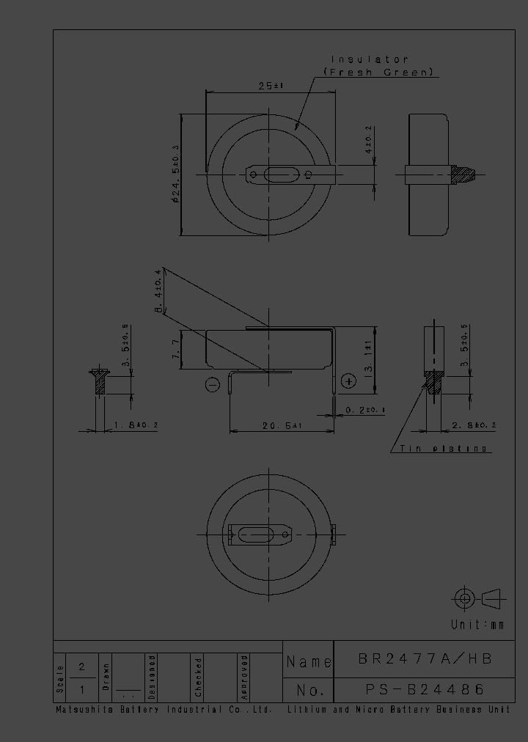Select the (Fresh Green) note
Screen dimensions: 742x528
(380, 72)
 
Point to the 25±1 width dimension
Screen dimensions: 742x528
(271, 86)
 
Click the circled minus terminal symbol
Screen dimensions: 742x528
(213, 384)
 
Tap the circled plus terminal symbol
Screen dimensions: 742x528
(348, 381)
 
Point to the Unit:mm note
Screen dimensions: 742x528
(477, 625)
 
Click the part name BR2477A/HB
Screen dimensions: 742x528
(425, 659)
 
